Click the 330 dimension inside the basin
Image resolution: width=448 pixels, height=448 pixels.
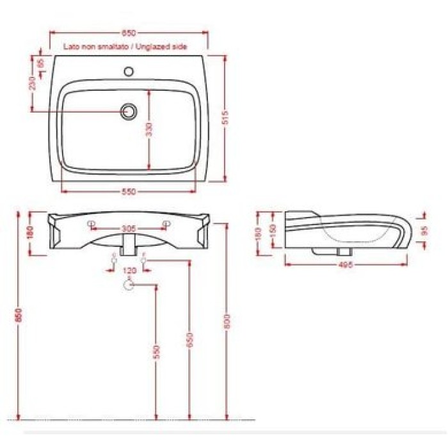(x=148, y=129)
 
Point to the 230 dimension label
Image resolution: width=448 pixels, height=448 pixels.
(x=33, y=84)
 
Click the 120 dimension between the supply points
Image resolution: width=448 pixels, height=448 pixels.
(x=129, y=271)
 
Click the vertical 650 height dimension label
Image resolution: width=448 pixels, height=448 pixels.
(x=189, y=340)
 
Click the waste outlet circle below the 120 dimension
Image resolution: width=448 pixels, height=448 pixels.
(x=129, y=285)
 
